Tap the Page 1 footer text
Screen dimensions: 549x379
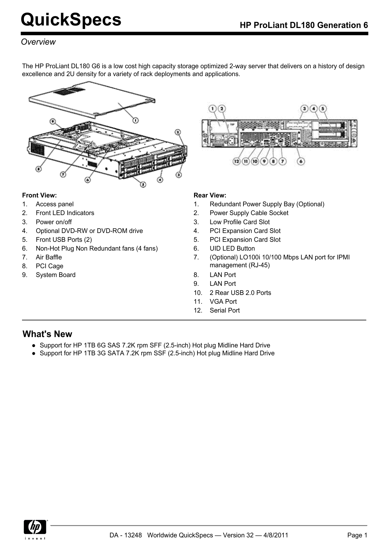coord(357,535)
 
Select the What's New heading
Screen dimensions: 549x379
coord(47,334)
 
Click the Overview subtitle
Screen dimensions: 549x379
coord(38,42)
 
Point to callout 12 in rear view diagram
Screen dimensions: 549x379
coord(237,161)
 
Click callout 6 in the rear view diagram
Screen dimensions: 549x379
coord(301,161)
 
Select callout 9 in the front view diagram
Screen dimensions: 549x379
coord(53,121)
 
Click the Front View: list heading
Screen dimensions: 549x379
coord(39,195)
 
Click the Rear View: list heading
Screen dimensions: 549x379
coord(210,195)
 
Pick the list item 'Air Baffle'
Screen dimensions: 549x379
coord(49,257)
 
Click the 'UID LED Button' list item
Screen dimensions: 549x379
coord(232,248)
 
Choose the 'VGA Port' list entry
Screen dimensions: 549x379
coord(223,302)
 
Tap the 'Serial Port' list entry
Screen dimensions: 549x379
coord(225,310)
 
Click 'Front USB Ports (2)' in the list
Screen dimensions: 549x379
coord(64,240)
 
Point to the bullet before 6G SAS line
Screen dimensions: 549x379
coord(33,345)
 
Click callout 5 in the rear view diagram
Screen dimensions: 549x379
coord(323,108)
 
